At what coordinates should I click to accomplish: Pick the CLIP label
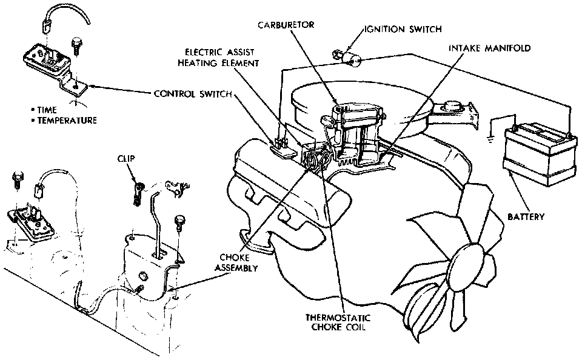127,159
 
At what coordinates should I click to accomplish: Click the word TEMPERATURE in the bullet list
67,121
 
